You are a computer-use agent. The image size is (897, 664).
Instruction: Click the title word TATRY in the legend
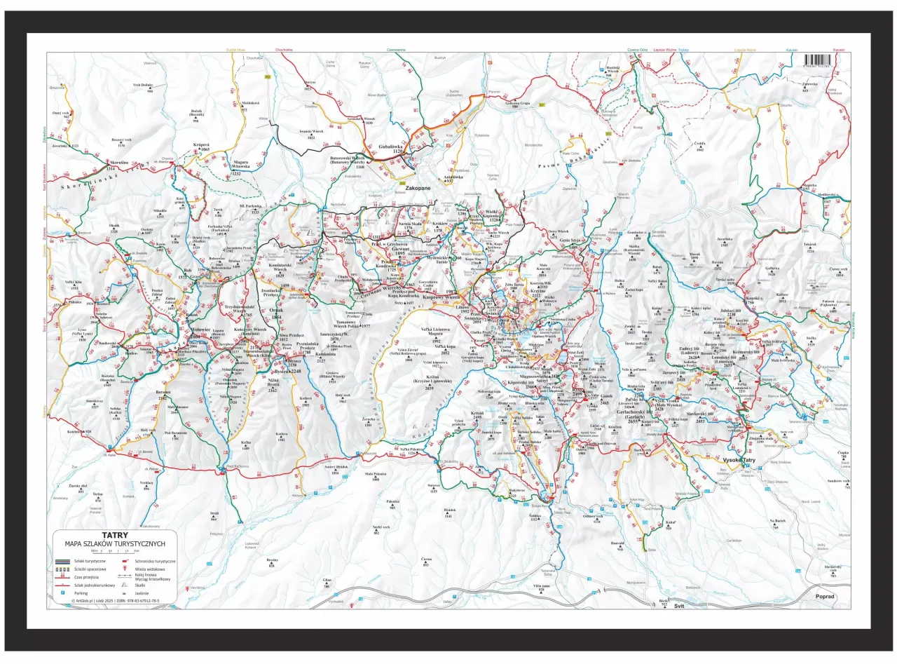(x=115, y=535)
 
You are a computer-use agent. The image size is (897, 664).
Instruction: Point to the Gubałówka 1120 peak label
(x=393, y=148)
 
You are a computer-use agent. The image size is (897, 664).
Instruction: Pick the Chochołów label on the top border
(x=284, y=50)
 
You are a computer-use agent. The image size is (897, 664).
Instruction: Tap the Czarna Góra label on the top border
(x=636, y=50)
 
